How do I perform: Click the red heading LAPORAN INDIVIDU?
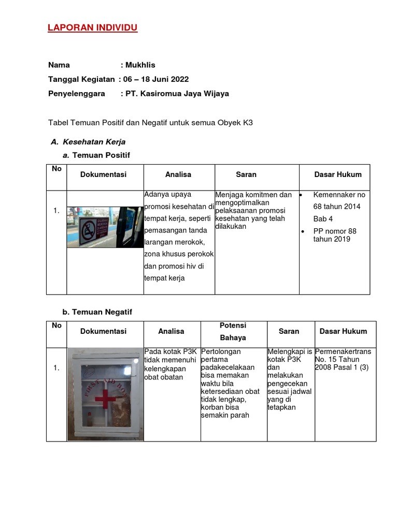tap(93, 27)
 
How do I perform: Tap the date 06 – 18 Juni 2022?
tap(155, 79)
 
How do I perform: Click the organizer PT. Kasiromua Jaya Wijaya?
tap(176, 94)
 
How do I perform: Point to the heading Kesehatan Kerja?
tap(94, 141)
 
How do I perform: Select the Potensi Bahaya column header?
tap(233, 331)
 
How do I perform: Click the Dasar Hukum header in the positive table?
tap(338, 174)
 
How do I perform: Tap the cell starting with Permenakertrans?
tap(343, 359)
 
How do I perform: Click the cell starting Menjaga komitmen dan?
tap(253, 211)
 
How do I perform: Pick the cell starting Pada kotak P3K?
tap(170, 364)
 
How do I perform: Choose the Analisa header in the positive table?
tap(178, 174)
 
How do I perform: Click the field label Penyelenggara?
tap(76, 94)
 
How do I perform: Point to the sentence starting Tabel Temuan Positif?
tap(150, 123)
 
